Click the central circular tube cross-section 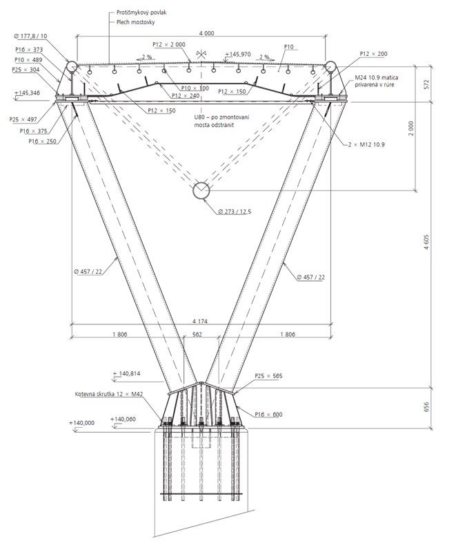click(201, 190)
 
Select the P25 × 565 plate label click(269, 376)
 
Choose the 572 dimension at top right click(426, 83)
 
